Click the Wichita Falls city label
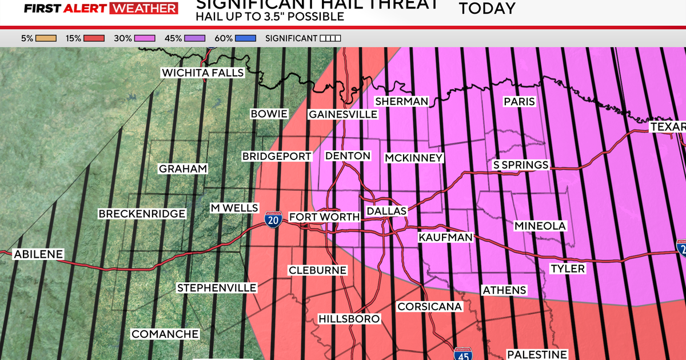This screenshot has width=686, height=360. (x=202, y=73)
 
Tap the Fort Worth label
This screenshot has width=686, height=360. (x=324, y=217)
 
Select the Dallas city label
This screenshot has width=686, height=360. (x=386, y=211)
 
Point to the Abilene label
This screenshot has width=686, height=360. (x=38, y=254)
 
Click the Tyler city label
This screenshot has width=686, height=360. (x=567, y=269)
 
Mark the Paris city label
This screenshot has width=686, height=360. (x=519, y=102)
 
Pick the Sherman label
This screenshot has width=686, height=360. (x=401, y=101)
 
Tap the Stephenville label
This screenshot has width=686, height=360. (x=216, y=287)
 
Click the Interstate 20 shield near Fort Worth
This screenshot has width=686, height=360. (x=274, y=220)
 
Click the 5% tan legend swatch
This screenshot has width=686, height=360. (x=46, y=38)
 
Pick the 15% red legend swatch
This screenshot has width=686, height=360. (x=95, y=38)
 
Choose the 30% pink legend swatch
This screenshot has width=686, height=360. (x=144, y=38)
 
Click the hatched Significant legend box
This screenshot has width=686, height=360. (x=330, y=38)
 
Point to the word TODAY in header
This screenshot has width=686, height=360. (x=486, y=8)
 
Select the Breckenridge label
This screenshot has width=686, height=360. (x=142, y=214)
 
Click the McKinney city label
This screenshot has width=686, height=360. (x=414, y=158)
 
